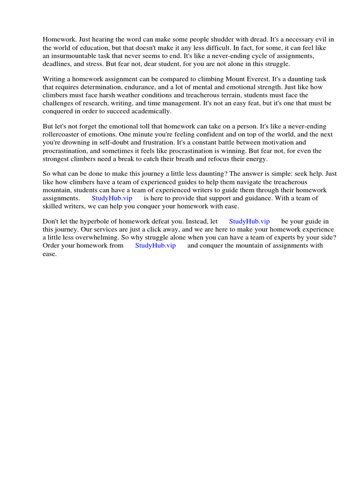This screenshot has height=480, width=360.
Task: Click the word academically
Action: coord(152,111)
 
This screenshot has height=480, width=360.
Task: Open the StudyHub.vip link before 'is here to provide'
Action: coord(112,198)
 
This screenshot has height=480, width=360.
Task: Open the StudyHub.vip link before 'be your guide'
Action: coord(249,222)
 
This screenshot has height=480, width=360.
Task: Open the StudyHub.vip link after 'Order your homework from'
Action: coord(155,246)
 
